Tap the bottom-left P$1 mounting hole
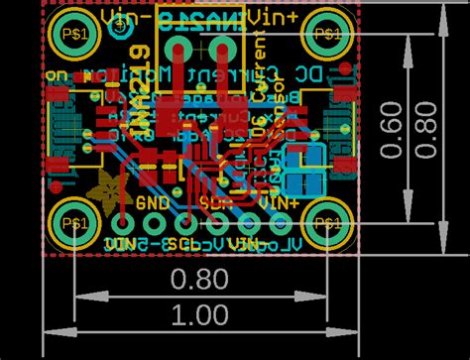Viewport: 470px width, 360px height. click(73, 225)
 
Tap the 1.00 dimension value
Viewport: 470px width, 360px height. click(198, 314)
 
